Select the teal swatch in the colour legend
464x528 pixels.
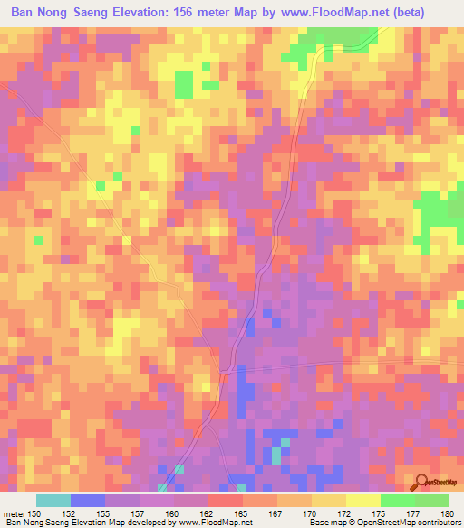tap(53, 500)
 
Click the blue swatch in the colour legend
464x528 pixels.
tap(88, 500)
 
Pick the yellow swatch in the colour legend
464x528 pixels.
tap(363, 500)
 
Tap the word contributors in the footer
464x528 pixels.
tap(433, 523)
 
